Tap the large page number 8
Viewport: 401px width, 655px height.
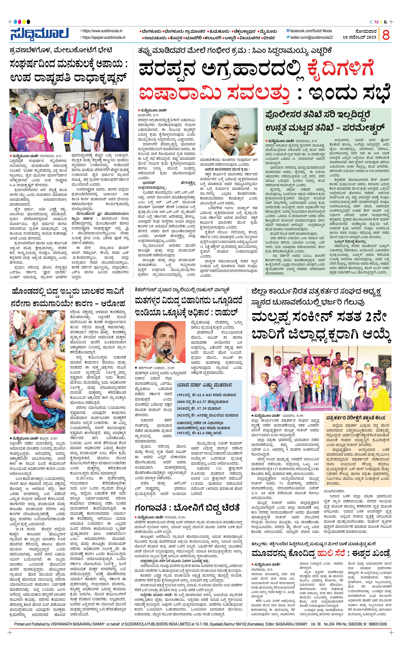click(386, 35)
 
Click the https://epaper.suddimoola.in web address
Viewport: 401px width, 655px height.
click(104, 38)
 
